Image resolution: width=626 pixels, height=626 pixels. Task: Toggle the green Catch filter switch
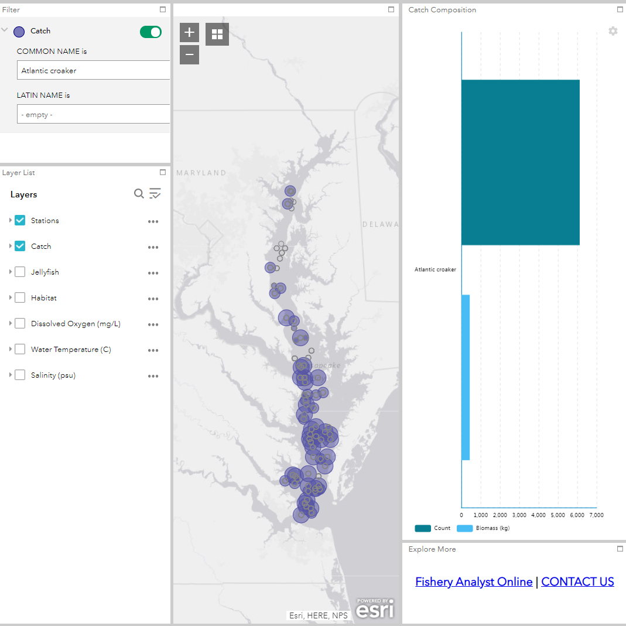point(150,32)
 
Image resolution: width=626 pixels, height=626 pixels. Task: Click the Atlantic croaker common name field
point(94,70)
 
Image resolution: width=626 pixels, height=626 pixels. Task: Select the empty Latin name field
point(94,114)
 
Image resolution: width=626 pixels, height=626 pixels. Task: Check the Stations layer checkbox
point(20,220)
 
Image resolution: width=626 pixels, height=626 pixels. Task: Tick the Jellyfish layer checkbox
point(20,272)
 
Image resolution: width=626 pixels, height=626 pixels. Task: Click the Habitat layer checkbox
point(20,297)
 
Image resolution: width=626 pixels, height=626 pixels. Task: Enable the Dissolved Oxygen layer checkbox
point(20,323)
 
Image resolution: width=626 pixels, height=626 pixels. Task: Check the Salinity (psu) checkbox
point(20,375)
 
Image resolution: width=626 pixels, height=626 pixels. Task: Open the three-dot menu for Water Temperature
point(153,350)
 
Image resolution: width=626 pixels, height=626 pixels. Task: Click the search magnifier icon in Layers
point(139,194)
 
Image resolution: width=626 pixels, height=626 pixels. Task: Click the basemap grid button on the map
point(217,34)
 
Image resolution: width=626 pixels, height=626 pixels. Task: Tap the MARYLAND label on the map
point(201,173)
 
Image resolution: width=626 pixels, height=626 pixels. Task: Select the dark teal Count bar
point(520,162)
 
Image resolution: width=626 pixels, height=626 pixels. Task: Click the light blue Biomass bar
point(466,377)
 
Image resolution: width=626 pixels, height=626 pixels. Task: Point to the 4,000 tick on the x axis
point(539,515)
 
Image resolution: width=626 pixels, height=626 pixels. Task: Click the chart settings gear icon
point(613,31)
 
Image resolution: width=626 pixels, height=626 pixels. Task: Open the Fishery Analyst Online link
point(474,581)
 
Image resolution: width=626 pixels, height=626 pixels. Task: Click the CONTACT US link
point(577,581)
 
